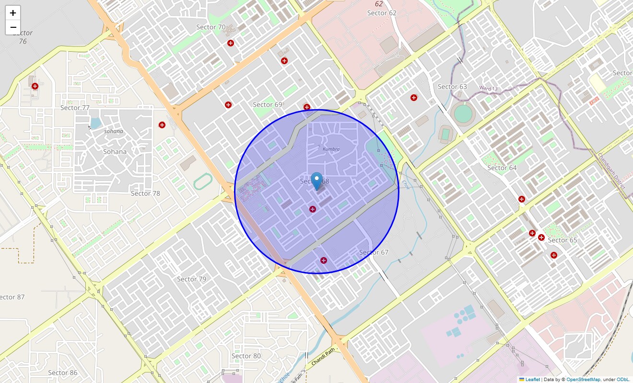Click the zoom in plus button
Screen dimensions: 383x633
13,13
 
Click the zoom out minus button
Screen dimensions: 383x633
13,27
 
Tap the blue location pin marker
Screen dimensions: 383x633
316,181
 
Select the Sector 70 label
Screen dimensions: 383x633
211,27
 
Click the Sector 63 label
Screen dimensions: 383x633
452,87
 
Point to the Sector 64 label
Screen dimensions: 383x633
502,168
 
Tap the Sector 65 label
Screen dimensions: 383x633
563,240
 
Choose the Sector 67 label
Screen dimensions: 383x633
374,252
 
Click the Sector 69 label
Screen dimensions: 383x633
268,105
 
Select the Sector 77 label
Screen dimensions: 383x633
75,108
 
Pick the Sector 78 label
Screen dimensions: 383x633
145,193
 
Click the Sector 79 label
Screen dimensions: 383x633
191,279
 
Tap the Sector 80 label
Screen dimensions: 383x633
246,356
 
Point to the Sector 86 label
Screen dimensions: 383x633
63,373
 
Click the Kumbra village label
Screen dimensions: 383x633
331,149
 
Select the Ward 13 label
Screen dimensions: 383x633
488,88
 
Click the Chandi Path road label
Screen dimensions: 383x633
323,358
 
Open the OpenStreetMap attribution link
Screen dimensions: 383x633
583,380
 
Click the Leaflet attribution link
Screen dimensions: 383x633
533,380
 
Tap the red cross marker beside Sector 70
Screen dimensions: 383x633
231,43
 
